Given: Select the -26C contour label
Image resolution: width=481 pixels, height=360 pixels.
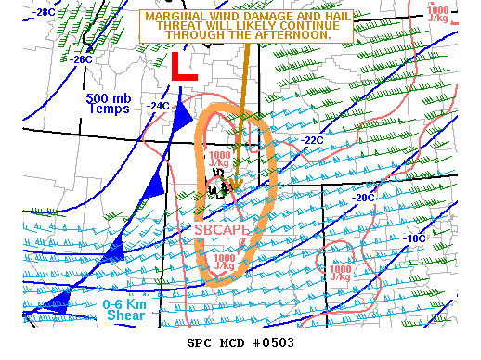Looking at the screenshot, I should [x=81, y=59].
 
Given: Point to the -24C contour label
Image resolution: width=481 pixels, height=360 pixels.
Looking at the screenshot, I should [x=157, y=106].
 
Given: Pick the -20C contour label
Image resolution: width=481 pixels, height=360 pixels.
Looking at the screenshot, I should [x=363, y=197].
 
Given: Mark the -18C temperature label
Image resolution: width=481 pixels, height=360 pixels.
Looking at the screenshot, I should [x=412, y=238].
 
